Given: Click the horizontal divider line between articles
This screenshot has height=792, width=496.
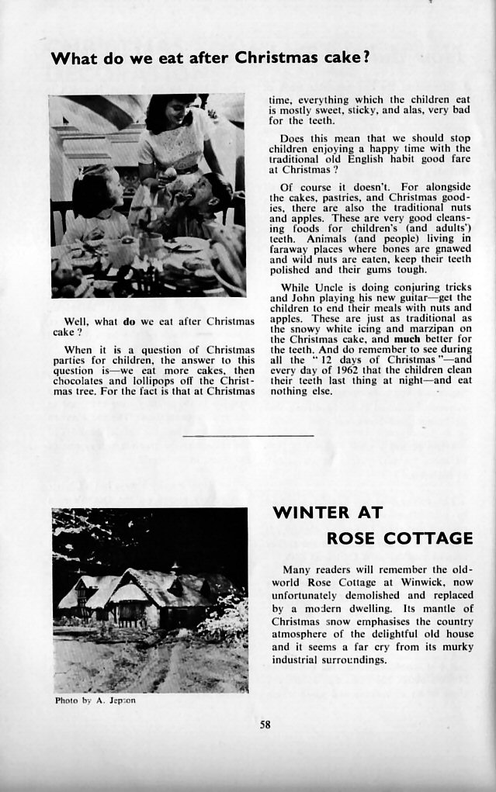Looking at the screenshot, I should [x=248, y=436].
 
